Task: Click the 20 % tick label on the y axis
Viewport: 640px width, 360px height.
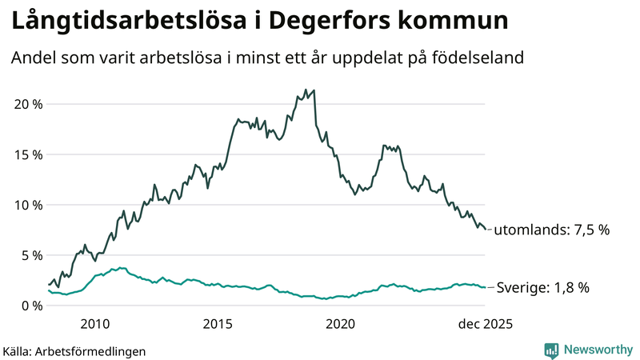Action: [26, 104]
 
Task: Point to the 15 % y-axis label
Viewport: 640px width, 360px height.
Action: [26, 154]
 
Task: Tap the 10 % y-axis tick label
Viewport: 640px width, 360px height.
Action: [26, 205]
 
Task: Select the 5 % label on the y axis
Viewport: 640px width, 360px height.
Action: [30, 255]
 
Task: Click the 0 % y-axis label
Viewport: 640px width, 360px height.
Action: [30, 306]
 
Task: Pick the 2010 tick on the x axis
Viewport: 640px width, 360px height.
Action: [94, 324]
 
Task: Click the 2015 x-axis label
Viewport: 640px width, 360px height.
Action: [218, 324]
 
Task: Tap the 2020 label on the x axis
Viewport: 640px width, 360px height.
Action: [341, 324]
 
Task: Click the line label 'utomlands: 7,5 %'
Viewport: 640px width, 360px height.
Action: [552, 230]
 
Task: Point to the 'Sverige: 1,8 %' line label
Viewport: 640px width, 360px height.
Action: [543, 288]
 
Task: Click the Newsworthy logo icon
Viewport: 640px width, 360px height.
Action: [552, 350]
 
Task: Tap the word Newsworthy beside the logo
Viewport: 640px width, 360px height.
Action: [597, 350]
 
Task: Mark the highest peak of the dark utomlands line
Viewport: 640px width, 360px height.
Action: [306, 90]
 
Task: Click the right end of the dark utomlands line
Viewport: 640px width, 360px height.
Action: [486, 230]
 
